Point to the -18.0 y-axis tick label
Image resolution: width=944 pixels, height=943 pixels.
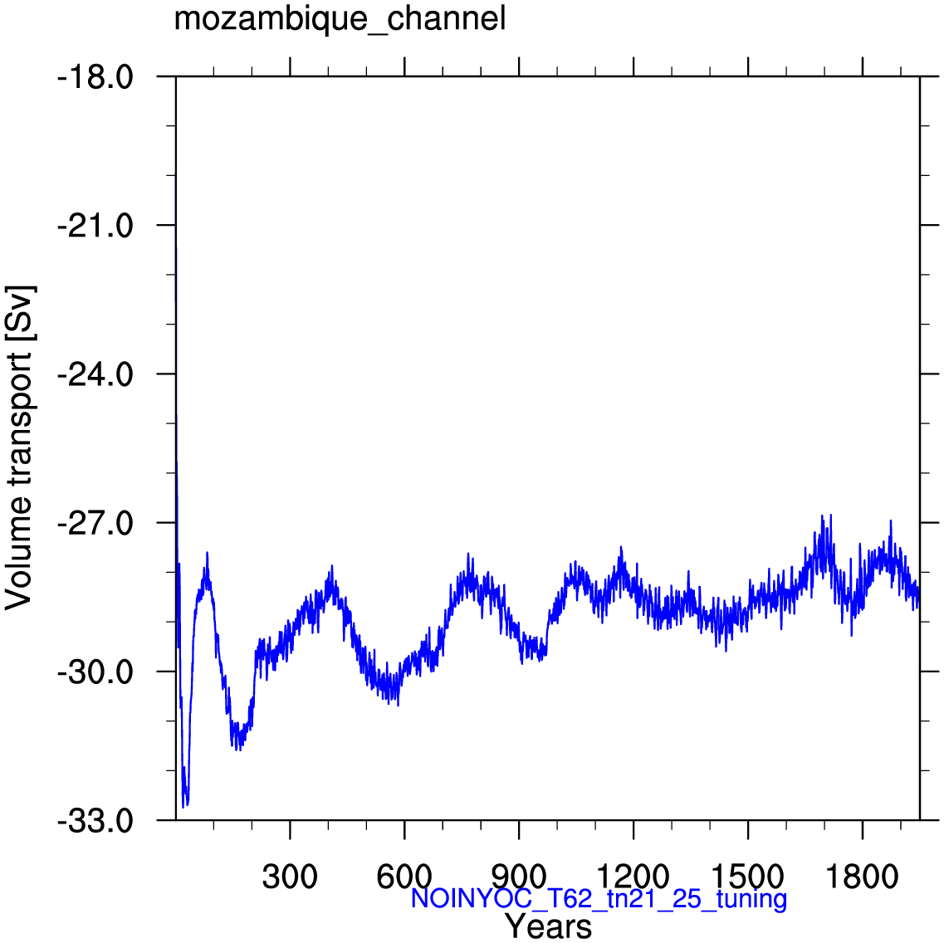[95, 78]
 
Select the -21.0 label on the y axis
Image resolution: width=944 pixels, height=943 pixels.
[95, 227]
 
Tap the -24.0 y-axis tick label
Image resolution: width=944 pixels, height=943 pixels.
[95, 375]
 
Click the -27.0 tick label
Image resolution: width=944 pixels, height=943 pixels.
[95, 524]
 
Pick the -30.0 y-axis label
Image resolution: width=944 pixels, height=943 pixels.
[95, 672]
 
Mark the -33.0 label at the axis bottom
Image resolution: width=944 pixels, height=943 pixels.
[95, 821]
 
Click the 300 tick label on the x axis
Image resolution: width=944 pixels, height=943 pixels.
[290, 877]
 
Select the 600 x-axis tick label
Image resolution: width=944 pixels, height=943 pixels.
[404, 877]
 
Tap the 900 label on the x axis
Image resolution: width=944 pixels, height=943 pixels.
[518, 877]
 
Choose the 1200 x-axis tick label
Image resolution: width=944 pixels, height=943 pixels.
[633, 877]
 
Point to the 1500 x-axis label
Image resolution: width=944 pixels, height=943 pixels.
[747, 877]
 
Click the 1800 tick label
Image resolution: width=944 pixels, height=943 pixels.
[862, 877]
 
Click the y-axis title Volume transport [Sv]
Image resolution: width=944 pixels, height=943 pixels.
[19, 447]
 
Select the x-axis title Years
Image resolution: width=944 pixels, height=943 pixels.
[548, 926]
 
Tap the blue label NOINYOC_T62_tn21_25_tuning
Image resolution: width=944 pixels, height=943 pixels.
[599, 898]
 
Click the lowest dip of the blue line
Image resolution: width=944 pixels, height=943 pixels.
[183, 807]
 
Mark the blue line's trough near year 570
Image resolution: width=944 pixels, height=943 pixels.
[398, 705]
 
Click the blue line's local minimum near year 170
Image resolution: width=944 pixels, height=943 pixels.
[239, 750]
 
